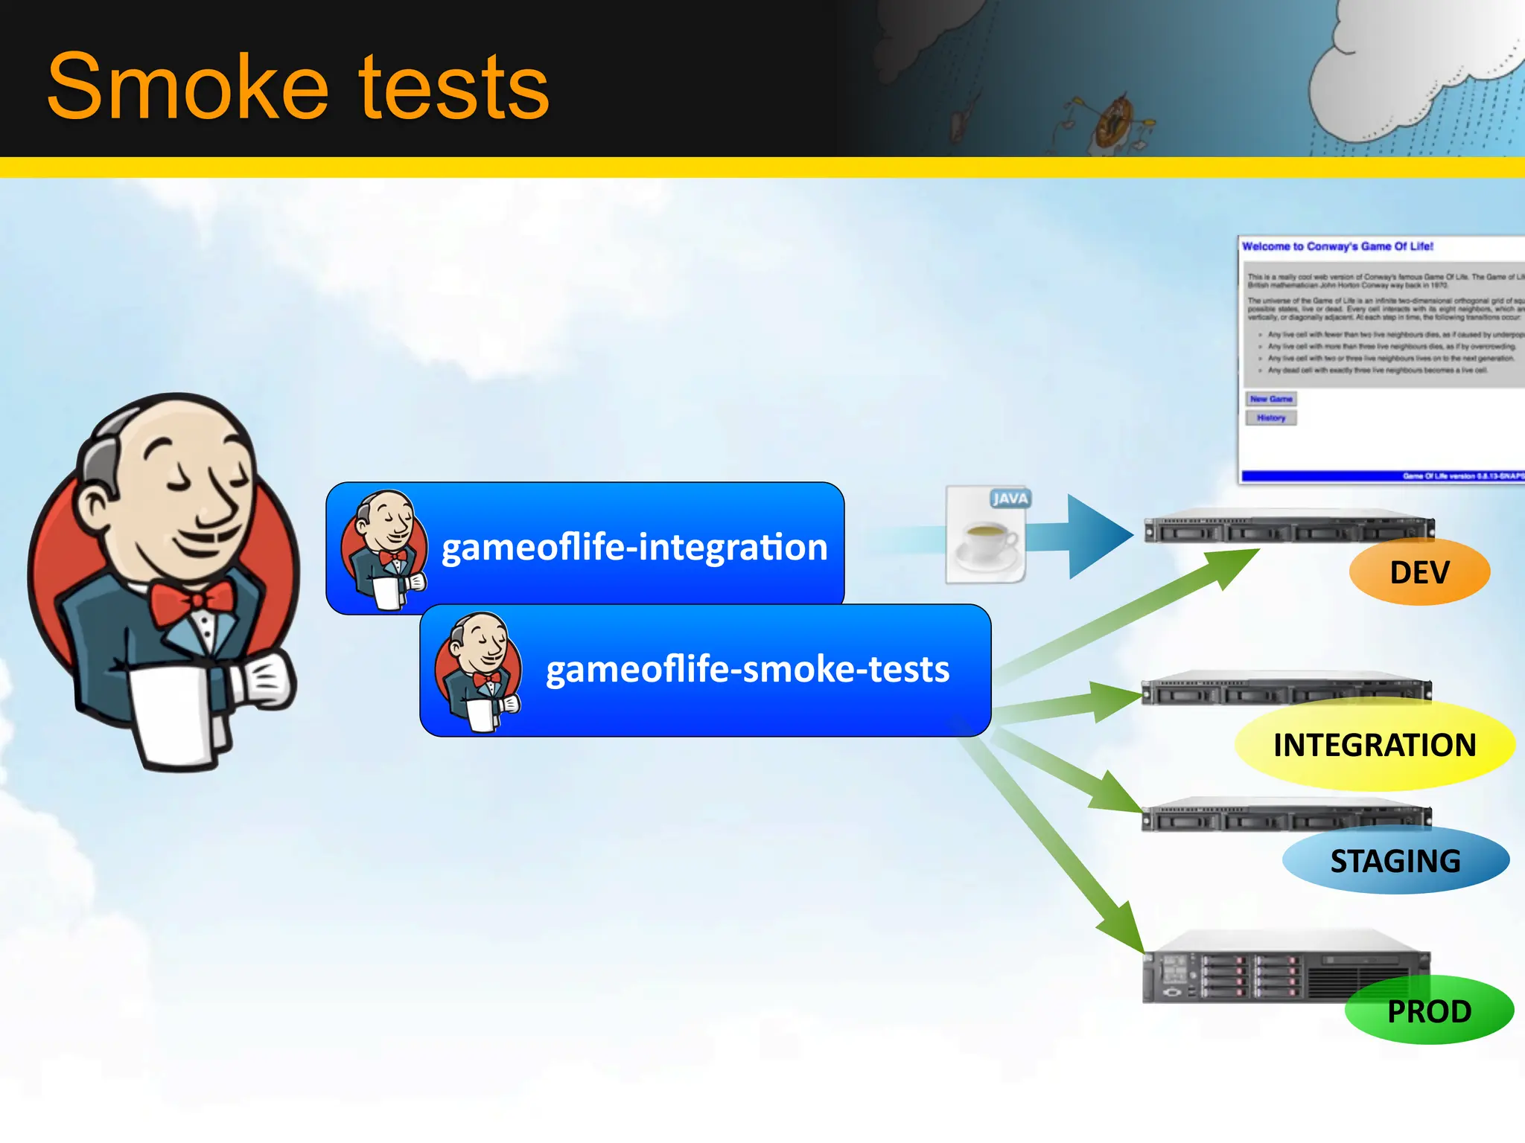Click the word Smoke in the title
(x=187, y=88)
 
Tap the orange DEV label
(x=1419, y=572)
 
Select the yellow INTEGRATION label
(x=1375, y=745)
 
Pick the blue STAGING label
(x=1395, y=861)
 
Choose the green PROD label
(x=1429, y=1011)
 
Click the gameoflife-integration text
(x=634, y=548)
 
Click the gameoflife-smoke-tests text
(x=748, y=669)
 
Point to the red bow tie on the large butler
(x=192, y=601)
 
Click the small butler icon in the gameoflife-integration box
(x=384, y=549)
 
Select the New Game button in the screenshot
(x=1271, y=399)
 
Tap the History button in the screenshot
(x=1271, y=418)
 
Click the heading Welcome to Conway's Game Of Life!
(x=1337, y=246)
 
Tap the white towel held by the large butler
(x=174, y=714)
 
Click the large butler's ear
(x=98, y=507)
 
